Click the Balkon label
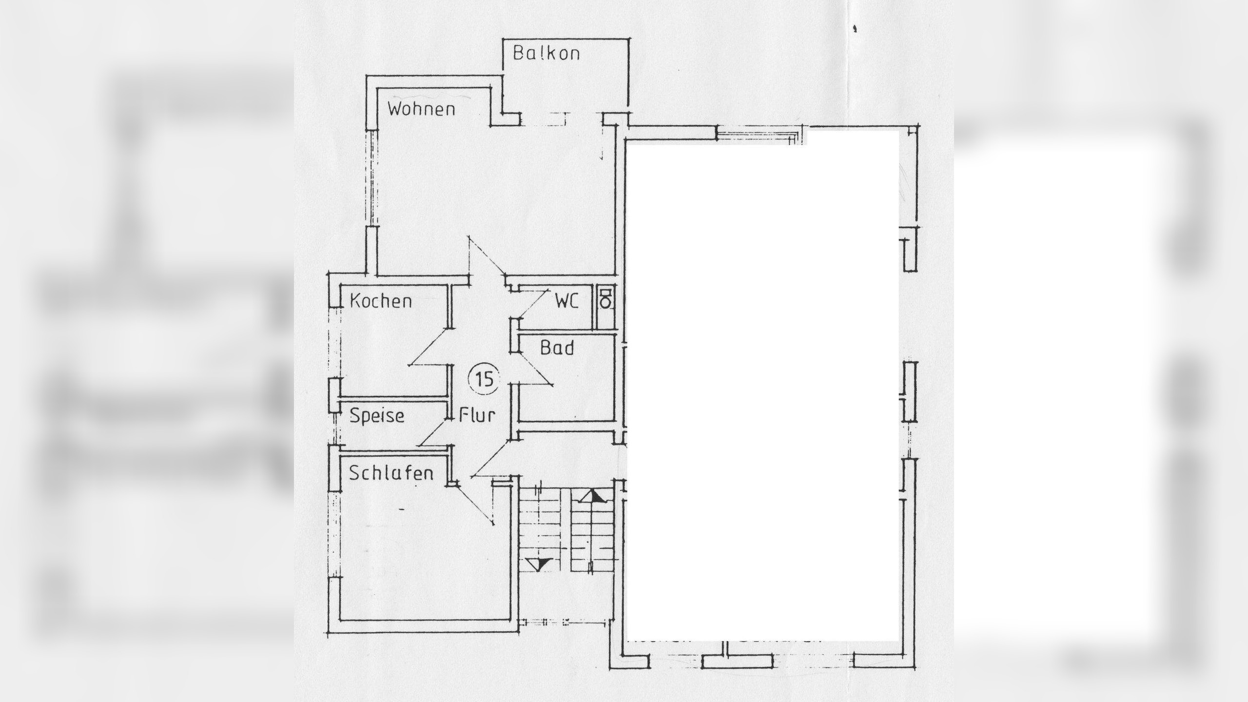pos(546,53)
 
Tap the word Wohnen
pos(421,109)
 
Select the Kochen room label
pos(381,301)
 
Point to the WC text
pos(566,301)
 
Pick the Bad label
pos(557,348)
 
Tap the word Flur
pos(477,415)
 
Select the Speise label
pos(377,416)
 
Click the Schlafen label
pos(391,473)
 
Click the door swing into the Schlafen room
pos(475,507)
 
